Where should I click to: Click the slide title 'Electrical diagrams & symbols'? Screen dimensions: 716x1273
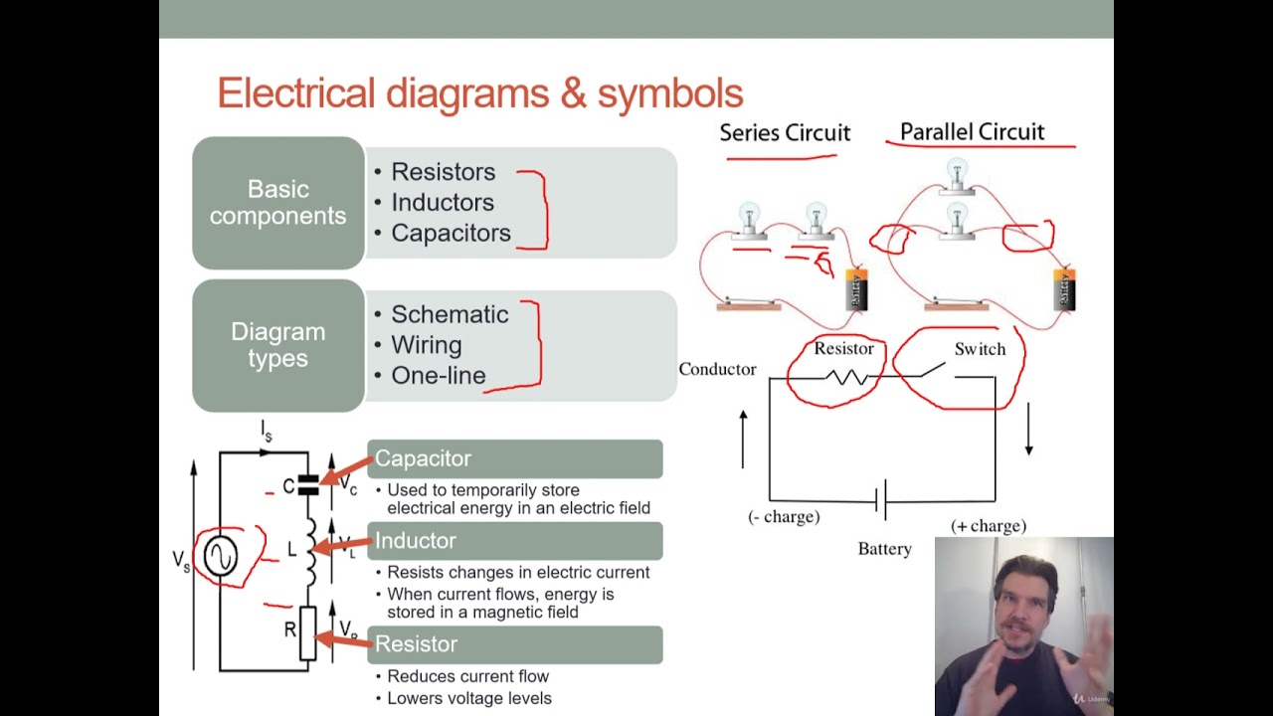479,93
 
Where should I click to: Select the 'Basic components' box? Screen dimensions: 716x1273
278,203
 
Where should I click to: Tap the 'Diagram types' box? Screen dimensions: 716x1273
278,345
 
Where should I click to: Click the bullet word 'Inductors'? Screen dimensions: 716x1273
442,203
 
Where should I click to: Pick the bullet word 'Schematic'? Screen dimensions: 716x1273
449,314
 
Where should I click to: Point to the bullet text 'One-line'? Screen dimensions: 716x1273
438,376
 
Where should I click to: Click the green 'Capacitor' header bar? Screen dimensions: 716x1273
514,458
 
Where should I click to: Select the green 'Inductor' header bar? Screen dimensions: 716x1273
514,541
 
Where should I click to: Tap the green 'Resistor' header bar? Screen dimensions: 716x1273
514,644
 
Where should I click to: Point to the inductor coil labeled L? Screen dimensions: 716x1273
310,550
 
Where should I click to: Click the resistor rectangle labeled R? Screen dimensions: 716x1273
307,632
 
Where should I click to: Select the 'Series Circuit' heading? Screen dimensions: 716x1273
785,133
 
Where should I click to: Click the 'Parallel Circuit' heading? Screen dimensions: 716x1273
972,132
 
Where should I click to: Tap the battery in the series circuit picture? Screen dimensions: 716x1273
856,288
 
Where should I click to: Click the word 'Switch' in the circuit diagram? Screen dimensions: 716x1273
980,349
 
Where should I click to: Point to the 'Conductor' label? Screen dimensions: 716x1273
717,369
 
